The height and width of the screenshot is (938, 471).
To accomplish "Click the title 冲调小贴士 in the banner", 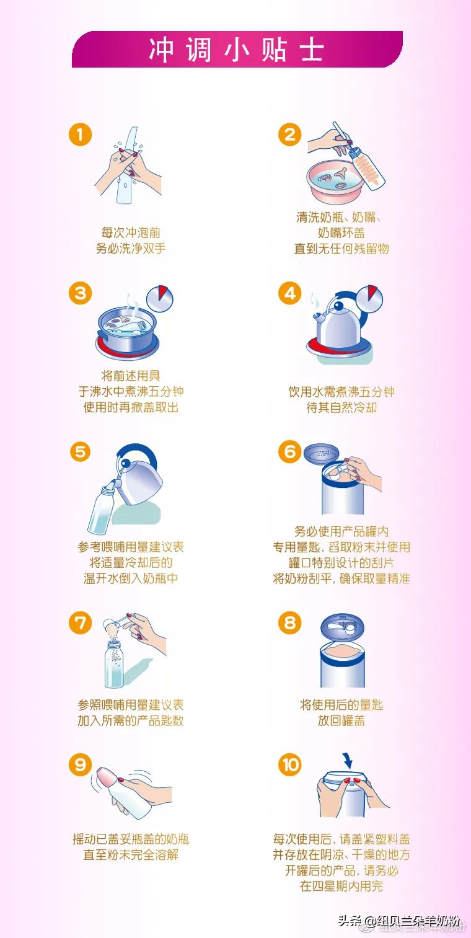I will tap(236, 50).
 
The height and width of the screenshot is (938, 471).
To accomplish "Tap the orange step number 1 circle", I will tap(80, 135).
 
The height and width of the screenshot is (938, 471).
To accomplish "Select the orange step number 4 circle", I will tap(290, 293).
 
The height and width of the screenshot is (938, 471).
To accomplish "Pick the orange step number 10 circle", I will tap(290, 765).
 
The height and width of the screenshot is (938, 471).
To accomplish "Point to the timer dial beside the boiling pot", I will tap(160, 298).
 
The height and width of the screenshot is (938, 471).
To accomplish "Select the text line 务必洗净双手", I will tap(131, 249).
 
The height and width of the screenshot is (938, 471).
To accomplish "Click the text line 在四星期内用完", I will tap(341, 887).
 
